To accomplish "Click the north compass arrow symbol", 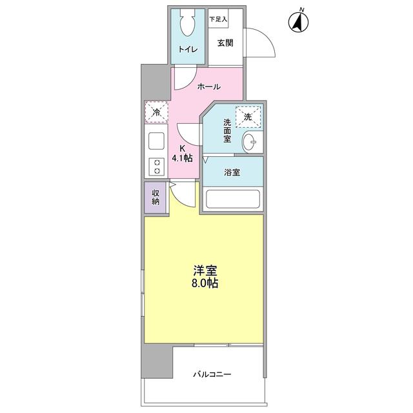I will point(297,22).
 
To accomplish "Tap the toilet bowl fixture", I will point(188,25).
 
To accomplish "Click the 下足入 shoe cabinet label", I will point(217,19).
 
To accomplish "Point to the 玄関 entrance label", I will point(225,43).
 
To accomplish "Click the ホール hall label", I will point(208,86).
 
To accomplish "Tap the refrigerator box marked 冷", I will point(156,112).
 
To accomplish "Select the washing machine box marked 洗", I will point(248,117).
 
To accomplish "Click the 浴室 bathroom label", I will point(232,173).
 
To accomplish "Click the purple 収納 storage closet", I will point(156,197).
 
